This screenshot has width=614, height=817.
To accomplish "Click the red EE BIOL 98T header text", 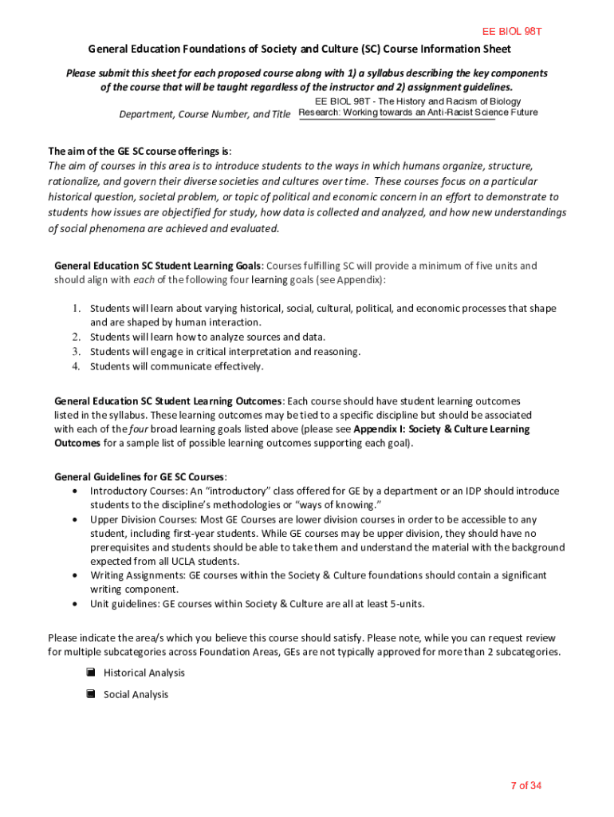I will click(x=513, y=32).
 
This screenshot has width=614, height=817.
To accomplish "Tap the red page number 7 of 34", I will click(x=526, y=786).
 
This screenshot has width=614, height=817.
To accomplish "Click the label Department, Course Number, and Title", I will click(x=205, y=114).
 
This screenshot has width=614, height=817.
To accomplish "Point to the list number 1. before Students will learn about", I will click(x=77, y=308).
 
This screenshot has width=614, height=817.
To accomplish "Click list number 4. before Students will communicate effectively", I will click(x=77, y=366).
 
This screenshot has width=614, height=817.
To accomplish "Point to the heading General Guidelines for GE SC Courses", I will click(x=140, y=476).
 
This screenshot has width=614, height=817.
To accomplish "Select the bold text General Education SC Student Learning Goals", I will click(x=158, y=266).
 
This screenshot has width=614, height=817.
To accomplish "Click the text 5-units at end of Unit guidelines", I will click(x=404, y=604).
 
